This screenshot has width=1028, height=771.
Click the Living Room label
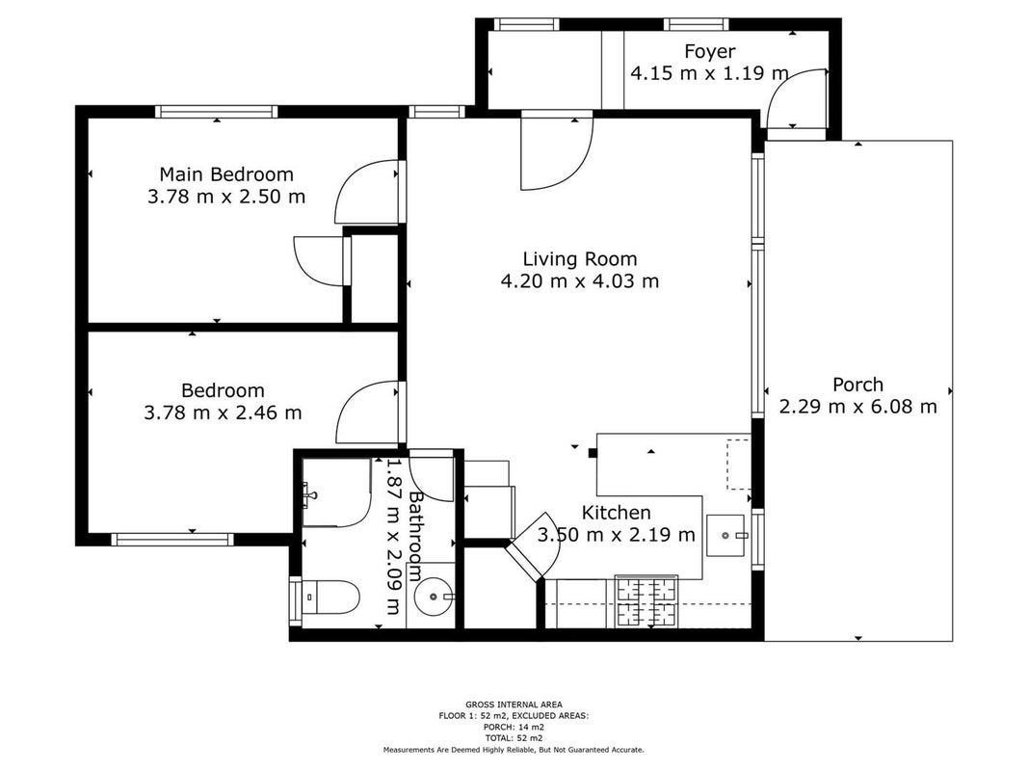pyautogui.click(x=580, y=259)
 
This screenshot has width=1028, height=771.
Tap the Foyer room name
pyautogui.click(x=709, y=51)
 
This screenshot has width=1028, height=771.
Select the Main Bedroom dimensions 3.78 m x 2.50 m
pyautogui.click(x=226, y=197)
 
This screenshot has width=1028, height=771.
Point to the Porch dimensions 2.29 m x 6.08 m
pyautogui.click(x=857, y=407)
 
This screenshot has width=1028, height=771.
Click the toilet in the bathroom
pyautogui.click(x=331, y=597)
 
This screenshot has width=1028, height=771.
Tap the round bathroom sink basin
pyautogui.click(x=434, y=597)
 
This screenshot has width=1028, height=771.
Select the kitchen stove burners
pyautogui.click(x=646, y=601)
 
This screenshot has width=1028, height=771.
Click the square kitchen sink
pyautogui.click(x=725, y=536)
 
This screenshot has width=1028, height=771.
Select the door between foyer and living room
pyautogui.click(x=557, y=150)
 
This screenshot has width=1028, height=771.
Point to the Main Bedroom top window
pyautogui.click(x=217, y=112)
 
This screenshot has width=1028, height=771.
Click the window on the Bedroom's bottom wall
pyautogui.click(x=172, y=540)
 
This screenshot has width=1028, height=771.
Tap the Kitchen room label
pyautogui.click(x=617, y=513)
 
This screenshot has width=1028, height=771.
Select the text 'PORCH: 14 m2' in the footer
pyautogui.click(x=514, y=727)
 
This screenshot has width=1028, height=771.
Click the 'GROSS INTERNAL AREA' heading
pyautogui.click(x=514, y=705)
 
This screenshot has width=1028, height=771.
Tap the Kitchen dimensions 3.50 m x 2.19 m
pyautogui.click(x=617, y=535)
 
